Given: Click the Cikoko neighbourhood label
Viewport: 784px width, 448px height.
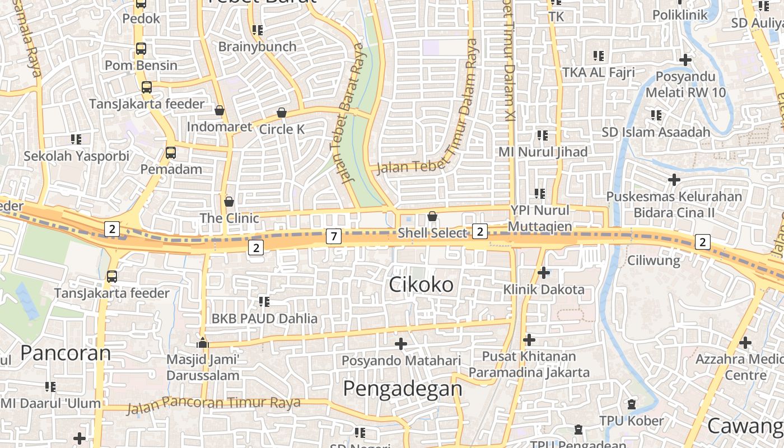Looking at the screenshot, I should tap(421, 284).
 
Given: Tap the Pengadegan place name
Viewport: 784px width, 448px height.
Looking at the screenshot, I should tap(402, 388).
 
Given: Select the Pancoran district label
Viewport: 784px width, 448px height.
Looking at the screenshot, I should tap(66, 353).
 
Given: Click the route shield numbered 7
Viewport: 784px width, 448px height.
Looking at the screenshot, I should tap(334, 236).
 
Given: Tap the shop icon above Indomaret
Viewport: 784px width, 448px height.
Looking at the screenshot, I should tap(220, 110).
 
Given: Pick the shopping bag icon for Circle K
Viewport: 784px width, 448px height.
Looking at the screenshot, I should tap(282, 113).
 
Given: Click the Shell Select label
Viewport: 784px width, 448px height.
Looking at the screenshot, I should tap(432, 232).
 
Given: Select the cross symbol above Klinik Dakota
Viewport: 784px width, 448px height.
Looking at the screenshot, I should tap(543, 273).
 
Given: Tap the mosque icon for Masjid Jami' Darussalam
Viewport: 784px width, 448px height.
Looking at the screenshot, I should tap(202, 343).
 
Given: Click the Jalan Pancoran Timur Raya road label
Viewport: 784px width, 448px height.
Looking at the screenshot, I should tap(214, 404).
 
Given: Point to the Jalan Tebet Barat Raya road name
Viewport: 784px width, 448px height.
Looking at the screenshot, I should tap(349, 112).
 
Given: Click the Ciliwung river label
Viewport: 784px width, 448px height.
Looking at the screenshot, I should tap(654, 260).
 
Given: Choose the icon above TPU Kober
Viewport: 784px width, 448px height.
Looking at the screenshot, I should tap(632, 404).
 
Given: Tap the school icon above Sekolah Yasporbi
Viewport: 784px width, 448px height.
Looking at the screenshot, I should tap(76, 139).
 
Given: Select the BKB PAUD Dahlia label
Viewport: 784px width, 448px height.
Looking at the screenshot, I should tap(264, 319).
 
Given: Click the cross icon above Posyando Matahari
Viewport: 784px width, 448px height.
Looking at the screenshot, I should tap(400, 343).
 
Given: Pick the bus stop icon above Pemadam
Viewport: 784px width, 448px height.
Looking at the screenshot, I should tap(171, 152).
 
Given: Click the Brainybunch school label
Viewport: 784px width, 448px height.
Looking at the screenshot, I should tap(257, 46).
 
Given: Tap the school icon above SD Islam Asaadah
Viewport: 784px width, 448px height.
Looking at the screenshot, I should tap(656, 115).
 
